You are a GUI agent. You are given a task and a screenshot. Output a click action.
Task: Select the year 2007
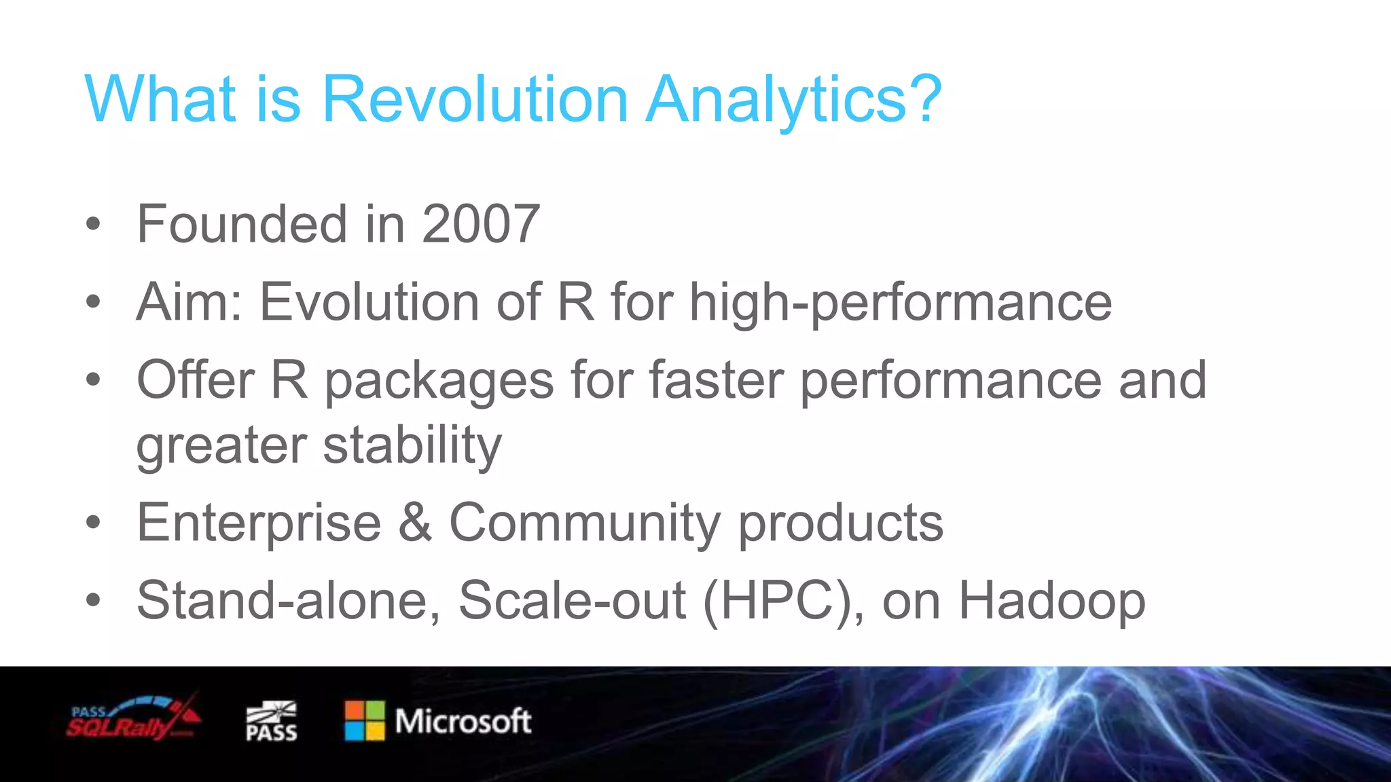tap(481, 224)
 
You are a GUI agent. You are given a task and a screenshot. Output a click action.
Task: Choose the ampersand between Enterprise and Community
tap(415, 523)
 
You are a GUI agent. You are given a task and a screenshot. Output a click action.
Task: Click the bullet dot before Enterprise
tap(93, 523)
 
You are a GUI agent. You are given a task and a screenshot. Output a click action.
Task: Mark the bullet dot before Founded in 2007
tap(93, 224)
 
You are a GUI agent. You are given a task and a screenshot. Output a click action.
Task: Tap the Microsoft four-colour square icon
tap(365, 721)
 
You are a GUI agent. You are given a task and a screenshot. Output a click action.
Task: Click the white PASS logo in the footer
tap(271, 722)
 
